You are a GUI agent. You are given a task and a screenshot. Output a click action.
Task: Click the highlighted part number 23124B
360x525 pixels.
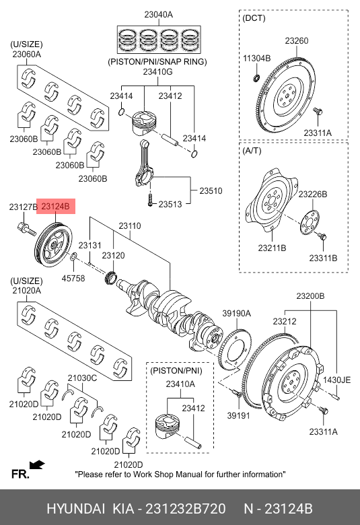point(56,207)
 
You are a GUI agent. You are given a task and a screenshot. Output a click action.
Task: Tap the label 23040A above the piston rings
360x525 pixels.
point(158,15)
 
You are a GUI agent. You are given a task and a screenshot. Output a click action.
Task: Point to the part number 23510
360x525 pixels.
point(211,191)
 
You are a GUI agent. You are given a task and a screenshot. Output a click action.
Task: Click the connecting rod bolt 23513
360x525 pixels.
point(150,200)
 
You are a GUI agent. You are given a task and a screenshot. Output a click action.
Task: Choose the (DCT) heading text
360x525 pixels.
point(254,17)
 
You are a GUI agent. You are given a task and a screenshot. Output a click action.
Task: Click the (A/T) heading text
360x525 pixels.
point(252,151)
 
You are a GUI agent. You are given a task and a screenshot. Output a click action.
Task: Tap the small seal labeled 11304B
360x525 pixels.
point(256,77)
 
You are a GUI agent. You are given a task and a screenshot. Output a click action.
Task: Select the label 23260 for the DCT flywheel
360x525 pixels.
point(297,41)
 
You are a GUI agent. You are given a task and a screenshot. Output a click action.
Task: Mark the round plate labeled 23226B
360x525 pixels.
point(310,223)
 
